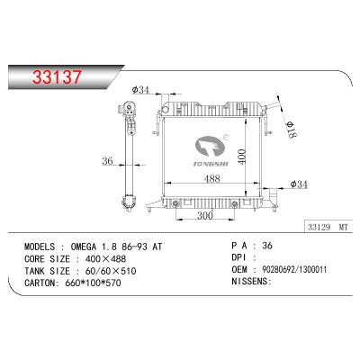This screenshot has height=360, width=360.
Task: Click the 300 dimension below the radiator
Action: coord(204,216)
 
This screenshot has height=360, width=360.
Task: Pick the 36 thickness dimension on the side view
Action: coord(108,163)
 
